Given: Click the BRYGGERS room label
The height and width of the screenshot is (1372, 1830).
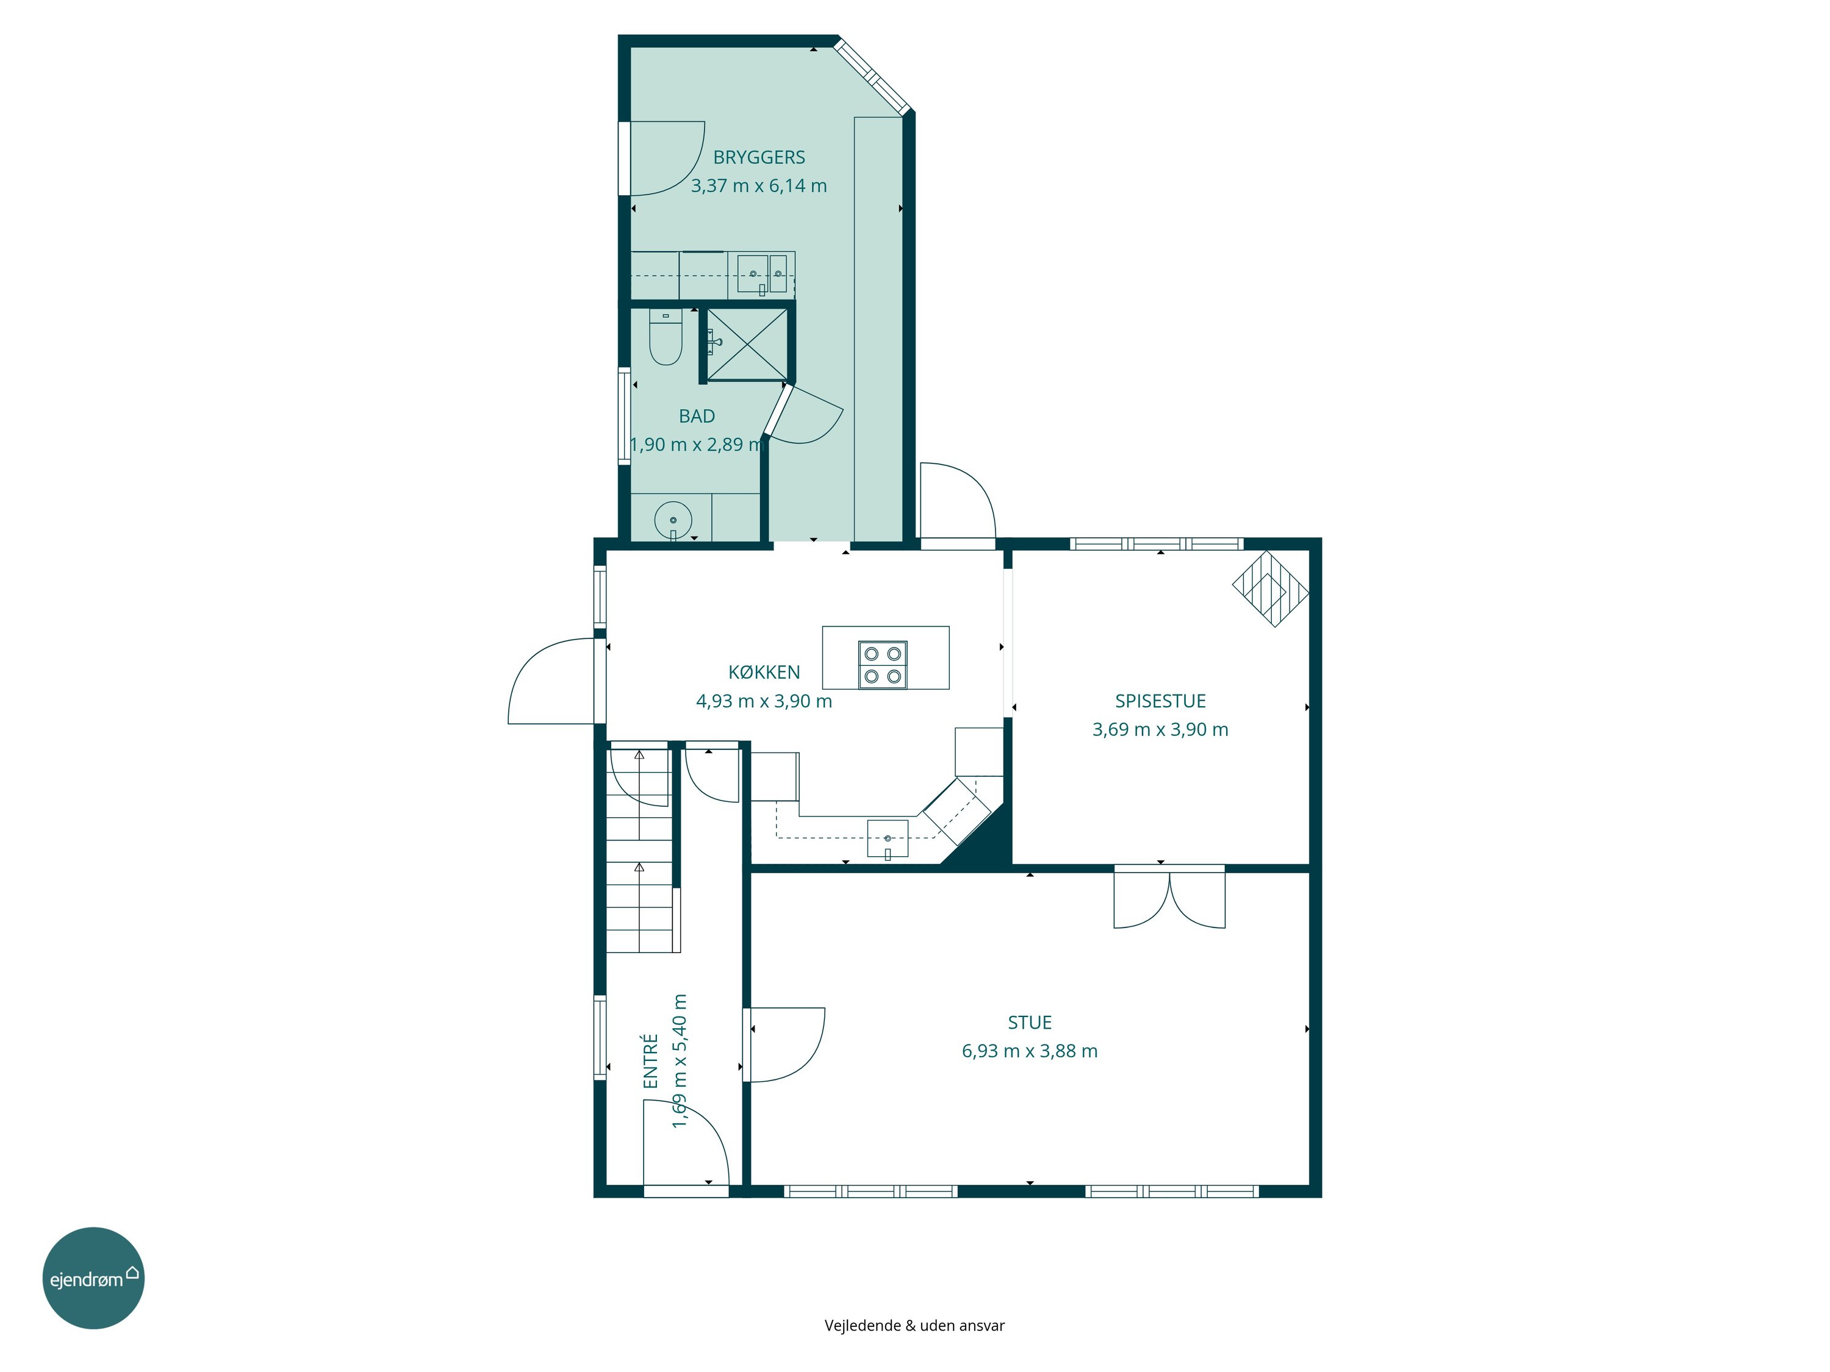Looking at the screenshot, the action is (759, 157).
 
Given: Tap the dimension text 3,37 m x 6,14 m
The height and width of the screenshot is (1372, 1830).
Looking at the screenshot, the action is (759, 186).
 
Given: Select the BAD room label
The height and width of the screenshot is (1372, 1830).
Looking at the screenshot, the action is (697, 416).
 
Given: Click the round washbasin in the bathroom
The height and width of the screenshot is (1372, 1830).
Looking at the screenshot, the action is (673, 520).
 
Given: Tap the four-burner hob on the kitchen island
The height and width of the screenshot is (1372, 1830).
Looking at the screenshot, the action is (883, 665).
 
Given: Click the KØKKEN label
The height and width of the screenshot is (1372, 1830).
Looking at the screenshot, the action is (764, 673).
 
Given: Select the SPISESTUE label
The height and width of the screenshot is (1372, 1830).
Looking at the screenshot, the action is (1160, 701).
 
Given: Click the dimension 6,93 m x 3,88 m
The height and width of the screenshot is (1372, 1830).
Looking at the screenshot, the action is (1029, 1051).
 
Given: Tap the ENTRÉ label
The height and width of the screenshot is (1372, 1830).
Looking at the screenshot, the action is (650, 1061).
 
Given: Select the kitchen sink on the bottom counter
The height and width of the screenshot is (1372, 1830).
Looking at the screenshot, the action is (887, 838).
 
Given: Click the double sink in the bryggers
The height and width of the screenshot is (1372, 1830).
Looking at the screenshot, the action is (762, 274).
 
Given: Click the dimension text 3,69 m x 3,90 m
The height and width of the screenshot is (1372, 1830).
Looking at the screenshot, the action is (1160, 729).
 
